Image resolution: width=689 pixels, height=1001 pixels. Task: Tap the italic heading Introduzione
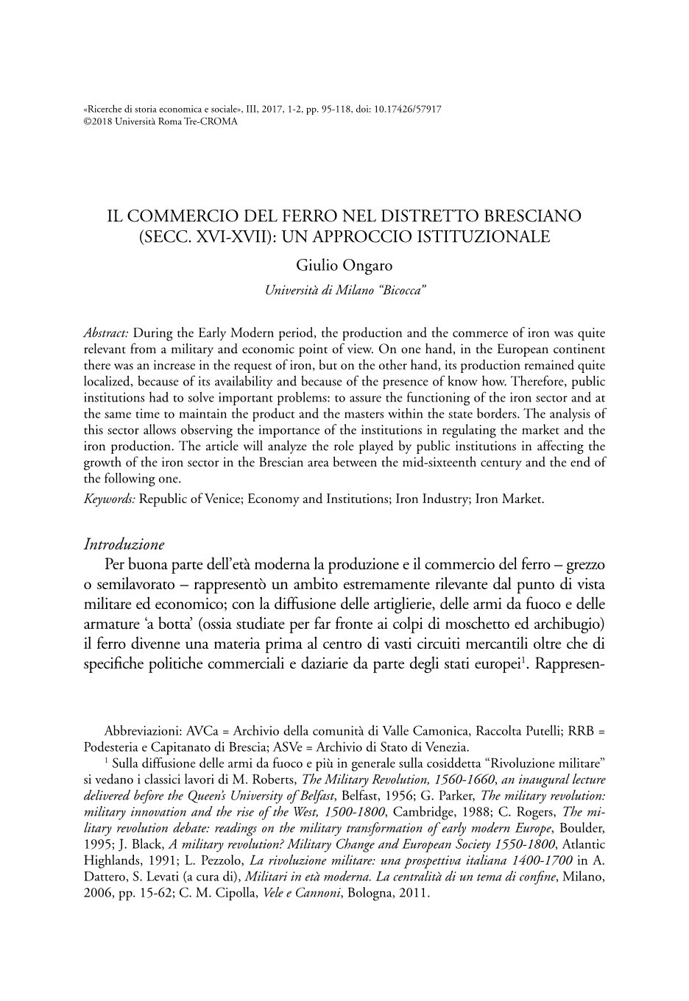tap(124, 545)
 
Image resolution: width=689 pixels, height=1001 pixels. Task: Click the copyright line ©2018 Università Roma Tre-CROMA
tap(161, 121)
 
